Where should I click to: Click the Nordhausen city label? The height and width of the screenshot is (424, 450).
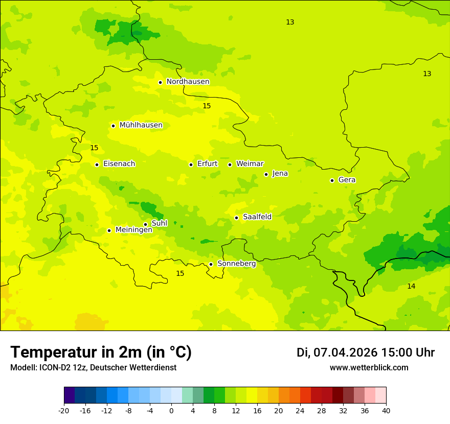pyautogui.click(x=188, y=82)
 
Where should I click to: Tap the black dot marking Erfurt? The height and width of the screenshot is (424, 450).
pyautogui.click(x=191, y=164)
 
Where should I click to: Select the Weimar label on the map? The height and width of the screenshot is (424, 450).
pyautogui.click(x=250, y=164)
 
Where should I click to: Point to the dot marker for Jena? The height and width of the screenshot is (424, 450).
pyautogui.click(x=266, y=174)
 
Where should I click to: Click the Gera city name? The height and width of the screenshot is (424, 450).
pyautogui.click(x=347, y=180)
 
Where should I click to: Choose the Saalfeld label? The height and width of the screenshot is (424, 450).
pyautogui.click(x=257, y=217)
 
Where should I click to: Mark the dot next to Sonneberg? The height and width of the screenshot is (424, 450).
pyautogui.click(x=211, y=264)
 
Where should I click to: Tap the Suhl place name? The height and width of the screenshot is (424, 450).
pyautogui.click(x=160, y=223)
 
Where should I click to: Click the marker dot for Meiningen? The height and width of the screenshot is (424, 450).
pyautogui.click(x=109, y=230)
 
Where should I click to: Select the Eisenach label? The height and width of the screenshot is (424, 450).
pyautogui.click(x=119, y=164)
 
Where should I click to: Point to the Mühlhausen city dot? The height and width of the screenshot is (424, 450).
pyautogui.click(x=113, y=126)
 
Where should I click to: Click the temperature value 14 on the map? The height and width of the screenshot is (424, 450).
pyautogui.click(x=411, y=287)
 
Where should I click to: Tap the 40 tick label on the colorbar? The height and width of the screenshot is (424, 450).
pyautogui.click(x=386, y=411)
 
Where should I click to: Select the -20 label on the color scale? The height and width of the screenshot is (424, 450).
pyautogui.click(x=64, y=411)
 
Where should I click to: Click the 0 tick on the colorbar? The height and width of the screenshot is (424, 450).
pyautogui.click(x=171, y=411)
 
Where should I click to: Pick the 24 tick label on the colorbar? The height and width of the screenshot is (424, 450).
pyautogui.click(x=300, y=411)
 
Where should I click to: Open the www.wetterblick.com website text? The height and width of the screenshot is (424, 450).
pyautogui.click(x=369, y=368)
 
